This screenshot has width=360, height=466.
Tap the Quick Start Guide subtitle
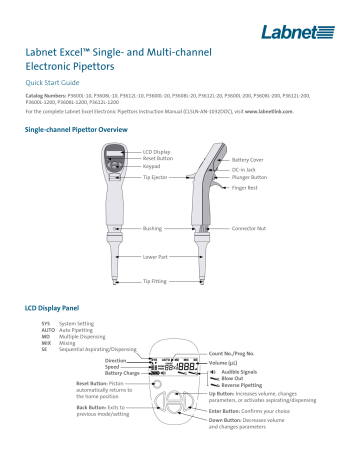[53, 83]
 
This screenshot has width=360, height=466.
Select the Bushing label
[152, 228]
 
